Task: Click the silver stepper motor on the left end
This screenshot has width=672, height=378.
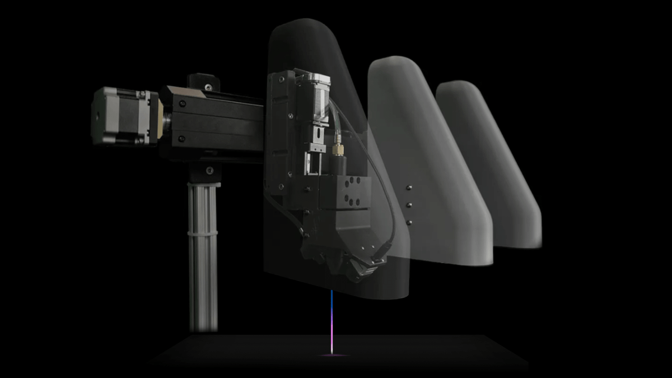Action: pyautogui.click(x=120, y=116)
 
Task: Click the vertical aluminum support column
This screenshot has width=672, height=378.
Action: pyautogui.click(x=202, y=263)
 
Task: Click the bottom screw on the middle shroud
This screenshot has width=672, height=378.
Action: pyautogui.click(x=409, y=222)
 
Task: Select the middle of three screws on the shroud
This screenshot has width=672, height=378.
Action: pyautogui.click(x=409, y=204)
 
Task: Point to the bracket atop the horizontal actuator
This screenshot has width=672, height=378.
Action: pyautogui.click(x=203, y=82)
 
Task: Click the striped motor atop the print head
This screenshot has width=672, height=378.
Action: pyautogui.click(x=316, y=101)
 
